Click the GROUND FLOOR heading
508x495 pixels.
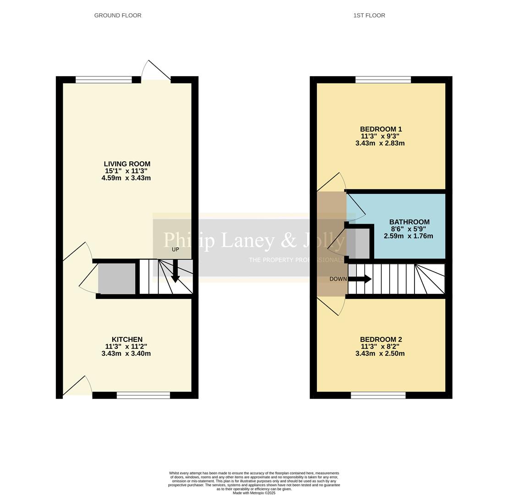pyautogui.click(x=118, y=16)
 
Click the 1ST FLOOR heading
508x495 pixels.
pyautogui.click(x=369, y=16)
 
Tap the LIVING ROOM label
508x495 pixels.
pyautogui.click(x=127, y=164)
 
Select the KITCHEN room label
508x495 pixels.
pyautogui.click(x=127, y=340)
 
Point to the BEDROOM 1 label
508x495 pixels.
pyautogui.click(x=381, y=129)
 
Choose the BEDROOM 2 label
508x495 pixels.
pyautogui.click(x=381, y=340)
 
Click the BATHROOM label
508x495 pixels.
pyautogui.click(x=409, y=222)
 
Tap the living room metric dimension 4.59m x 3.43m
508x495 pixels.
pyautogui.click(x=126, y=178)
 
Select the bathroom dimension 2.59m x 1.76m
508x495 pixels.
pyautogui.click(x=408, y=236)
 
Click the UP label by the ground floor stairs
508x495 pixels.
pyautogui.click(x=175, y=249)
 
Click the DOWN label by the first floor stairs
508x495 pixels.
pyautogui.click(x=338, y=279)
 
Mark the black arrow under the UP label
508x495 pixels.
pyautogui.click(x=175, y=271)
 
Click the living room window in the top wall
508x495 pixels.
pyautogui.click(x=104, y=80)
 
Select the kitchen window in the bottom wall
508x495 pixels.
pyautogui.click(x=143, y=395)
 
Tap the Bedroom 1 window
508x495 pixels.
pyautogui.click(x=383, y=80)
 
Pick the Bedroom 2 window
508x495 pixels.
pyautogui.click(x=378, y=395)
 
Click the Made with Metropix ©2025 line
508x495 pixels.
pyautogui.click(x=254, y=493)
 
